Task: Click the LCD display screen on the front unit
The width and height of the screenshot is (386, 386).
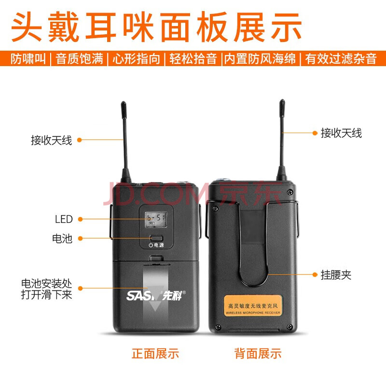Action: click(x=156, y=220)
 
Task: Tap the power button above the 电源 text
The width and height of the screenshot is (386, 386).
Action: click(x=156, y=238)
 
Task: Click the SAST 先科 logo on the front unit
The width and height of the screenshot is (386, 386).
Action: click(x=156, y=295)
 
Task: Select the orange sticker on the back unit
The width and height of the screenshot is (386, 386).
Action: click(x=253, y=305)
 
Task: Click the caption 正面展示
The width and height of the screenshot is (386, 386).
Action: click(x=155, y=354)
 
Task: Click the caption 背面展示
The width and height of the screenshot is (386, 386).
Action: click(x=258, y=354)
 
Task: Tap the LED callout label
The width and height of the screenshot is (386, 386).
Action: click(x=64, y=219)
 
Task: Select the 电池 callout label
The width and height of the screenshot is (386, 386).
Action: click(x=62, y=238)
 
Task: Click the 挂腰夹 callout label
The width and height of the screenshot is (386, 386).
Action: click(x=336, y=275)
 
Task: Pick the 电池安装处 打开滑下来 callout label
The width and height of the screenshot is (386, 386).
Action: click(x=46, y=289)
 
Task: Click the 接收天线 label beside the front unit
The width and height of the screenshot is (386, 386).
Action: click(x=52, y=140)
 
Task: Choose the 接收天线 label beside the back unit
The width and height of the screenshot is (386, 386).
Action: click(x=341, y=133)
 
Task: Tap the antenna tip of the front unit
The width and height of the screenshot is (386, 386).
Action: click(x=124, y=103)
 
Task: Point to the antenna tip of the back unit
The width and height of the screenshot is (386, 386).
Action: click(x=282, y=101)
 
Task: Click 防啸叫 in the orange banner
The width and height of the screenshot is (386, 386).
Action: click(x=28, y=58)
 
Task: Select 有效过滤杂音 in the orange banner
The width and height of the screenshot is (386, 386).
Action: click(x=341, y=58)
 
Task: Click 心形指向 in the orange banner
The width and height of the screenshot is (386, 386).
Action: click(x=137, y=58)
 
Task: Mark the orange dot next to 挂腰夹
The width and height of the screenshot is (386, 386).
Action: click(x=315, y=275)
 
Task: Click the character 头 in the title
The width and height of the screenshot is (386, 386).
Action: click(x=27, y=27)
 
